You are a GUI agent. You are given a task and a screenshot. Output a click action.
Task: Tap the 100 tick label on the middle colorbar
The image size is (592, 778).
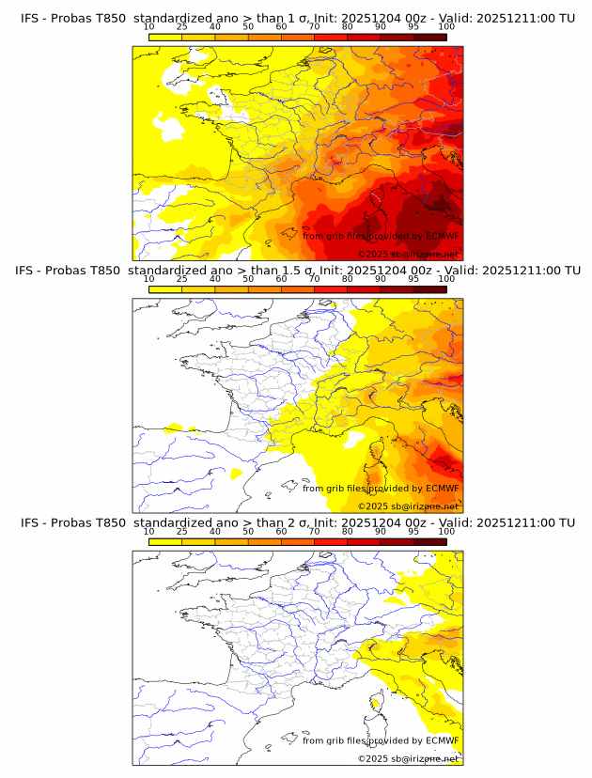446,279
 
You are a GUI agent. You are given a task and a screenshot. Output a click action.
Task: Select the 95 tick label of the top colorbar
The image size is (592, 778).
413,26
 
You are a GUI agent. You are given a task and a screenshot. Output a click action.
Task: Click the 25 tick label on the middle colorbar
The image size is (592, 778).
181,279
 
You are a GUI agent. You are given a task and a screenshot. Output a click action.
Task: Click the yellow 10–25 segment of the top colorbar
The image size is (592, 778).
165,37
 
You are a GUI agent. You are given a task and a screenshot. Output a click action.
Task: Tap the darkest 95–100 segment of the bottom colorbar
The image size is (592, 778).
429,541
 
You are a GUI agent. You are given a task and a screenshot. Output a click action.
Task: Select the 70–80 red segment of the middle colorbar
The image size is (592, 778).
331,288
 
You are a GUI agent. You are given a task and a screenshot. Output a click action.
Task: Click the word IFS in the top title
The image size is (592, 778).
31,18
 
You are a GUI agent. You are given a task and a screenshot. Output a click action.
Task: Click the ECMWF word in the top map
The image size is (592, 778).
443,236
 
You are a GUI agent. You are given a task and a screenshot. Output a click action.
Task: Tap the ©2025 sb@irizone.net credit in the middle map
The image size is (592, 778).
408,506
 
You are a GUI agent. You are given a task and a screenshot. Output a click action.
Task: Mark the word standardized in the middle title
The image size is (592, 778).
172,271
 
